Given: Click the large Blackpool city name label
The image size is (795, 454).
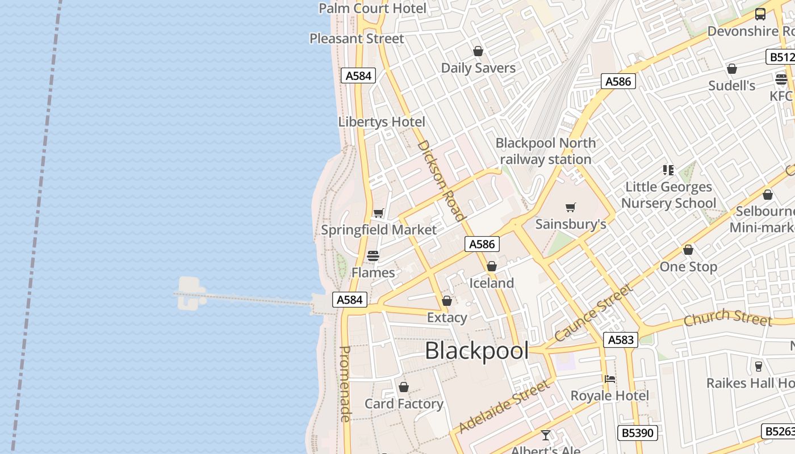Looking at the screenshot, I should pyautogui.click(x=476, y=351).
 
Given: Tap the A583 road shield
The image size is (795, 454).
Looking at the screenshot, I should pyautogui.click(x=620, y=340).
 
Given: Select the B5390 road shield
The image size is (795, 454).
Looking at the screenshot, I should pyautogui.click(x=637, y=433).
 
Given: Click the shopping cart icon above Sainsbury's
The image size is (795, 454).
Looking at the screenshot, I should pyautogui.click(x=571, y=208).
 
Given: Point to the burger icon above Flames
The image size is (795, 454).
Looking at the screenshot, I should pyautogui.click(x=373, y=256).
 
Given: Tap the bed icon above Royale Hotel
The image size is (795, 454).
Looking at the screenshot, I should pyautogui.click(x=610, y=379).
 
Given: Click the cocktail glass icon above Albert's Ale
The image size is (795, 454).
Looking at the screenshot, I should pyautogui.click(x=546, y=435).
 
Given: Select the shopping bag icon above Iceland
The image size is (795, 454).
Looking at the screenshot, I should pyautogui.click(x=492, y=266).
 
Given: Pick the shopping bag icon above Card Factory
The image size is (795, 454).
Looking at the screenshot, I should pyautogui.click(x=404, y=387).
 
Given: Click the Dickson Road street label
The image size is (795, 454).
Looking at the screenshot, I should pyautogui.click(x=441, y=180).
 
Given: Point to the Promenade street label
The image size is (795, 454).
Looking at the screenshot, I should pyautogui.click(x=345, y=384).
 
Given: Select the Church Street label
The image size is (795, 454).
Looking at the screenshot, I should pyautogui.click(x=727, y=318).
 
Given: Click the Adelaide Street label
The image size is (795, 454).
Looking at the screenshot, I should pyautogui.click(x=504, y=406).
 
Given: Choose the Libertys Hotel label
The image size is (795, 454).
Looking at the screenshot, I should pyautogui.click(x=382, y=122).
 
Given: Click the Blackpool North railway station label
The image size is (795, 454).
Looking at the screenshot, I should pyautogui.click(x=546, y=151).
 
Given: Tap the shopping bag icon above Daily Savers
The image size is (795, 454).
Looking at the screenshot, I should pyautogui.click(x=478, y=52).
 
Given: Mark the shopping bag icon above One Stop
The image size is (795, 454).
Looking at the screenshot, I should pyautogui.click(x=688, y=250).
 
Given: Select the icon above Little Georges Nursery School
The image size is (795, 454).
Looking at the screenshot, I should pyautogui.click(x=668, y=170).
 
